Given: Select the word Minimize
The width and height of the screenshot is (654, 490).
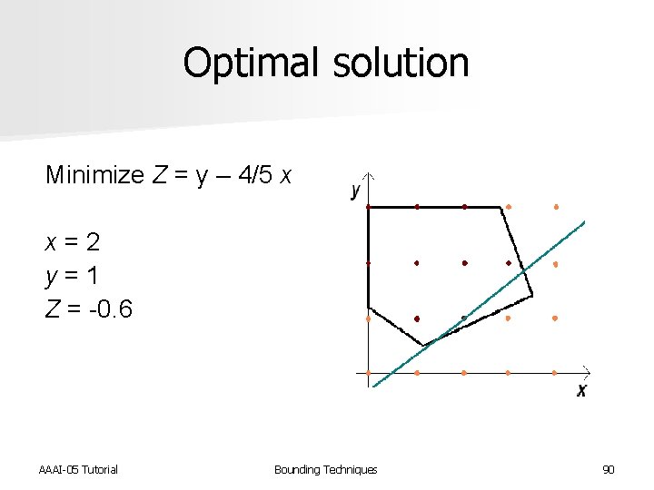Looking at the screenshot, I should (x=94, y=175).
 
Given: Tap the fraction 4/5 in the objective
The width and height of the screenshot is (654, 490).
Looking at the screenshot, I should (x=255, y=175).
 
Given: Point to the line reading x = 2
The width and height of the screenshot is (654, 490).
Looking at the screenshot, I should (x=73, y=242).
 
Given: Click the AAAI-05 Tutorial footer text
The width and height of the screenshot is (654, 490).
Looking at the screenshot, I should (x=78, y=469).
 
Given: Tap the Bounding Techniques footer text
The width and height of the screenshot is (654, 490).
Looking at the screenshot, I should (x=325, y=469).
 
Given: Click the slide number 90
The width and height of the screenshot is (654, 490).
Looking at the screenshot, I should (x=609, y=469).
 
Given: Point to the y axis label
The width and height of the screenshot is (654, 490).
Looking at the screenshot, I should (x=355, y=190).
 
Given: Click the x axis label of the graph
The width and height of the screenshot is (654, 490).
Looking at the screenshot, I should (x=581, y=390).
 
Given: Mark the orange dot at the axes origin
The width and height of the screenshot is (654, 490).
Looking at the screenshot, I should (x=368, y=372).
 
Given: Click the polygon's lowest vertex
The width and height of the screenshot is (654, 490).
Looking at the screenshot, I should (x=423, y=345).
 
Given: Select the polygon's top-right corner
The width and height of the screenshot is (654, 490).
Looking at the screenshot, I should (x=501, y=208).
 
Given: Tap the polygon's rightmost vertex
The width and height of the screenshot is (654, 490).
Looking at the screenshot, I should (x=531, y=295).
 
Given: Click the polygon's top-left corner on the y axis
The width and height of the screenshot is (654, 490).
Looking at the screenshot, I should (x=368, y=207).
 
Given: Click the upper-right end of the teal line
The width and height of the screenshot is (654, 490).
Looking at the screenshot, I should (x=583, y=222).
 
